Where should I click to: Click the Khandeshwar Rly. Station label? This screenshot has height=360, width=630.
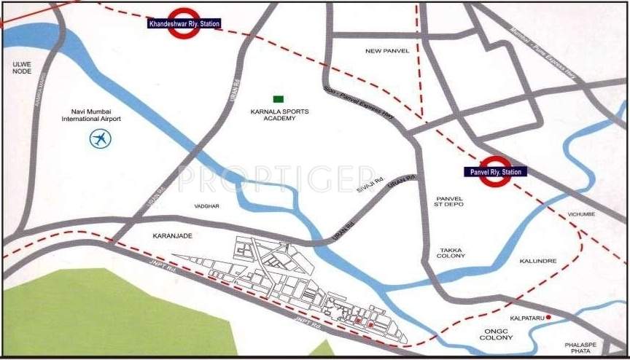(184, 24)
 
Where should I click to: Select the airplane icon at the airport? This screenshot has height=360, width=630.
(100, 138)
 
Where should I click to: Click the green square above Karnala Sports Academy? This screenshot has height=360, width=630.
(278, 98)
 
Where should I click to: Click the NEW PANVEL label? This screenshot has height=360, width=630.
(386, 50)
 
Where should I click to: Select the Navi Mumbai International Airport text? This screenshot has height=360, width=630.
(91, 114)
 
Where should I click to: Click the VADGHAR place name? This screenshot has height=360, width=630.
(206, 206)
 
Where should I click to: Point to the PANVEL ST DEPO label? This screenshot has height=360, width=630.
(449, 201)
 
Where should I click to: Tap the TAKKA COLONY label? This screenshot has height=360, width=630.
(449, 253)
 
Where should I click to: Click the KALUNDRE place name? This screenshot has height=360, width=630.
(538, 260)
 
